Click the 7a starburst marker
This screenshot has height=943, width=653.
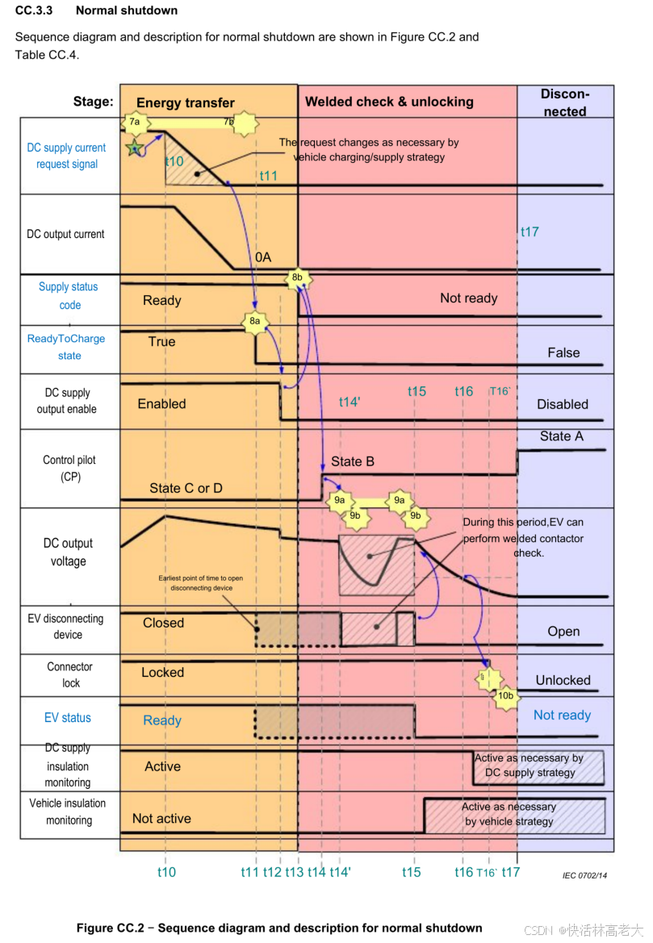pyautogui.click(x=135, y=122)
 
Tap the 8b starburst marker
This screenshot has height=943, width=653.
pyautogui.click(x=297, y=278)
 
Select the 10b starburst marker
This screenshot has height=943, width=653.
pyautogui.click(x=505, y=695)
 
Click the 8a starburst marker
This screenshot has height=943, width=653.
pyautogui.click(x=255, y=321)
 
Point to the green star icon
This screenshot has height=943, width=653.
pyautogui.click(x=135, y=148)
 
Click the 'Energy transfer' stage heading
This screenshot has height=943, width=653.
pyautogui.click(x=186, y=102)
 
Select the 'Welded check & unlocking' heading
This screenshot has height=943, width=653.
pyautogui.click(x=389, y=102)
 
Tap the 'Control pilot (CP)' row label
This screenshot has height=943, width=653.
pyautogui.click(x=69, y=469)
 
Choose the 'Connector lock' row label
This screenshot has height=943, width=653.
pyautogui.click(x=70, y=674)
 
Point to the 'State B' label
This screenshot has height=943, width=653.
pyautogui.click(x=353, y=461)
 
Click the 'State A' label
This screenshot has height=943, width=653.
pyautogui.click(x=561, y=436)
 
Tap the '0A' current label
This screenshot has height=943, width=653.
pyautogui.click(x=263, y=257)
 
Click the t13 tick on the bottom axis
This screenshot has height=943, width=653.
pyautogui.click(x=294, y=872)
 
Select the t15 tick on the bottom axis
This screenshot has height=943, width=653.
pyautogui.click(x=412, y=872)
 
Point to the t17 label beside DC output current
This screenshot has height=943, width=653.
pyautogui.click(x=530, y=232)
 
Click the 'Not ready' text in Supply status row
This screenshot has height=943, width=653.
pyautogui.click(x=468, y=298)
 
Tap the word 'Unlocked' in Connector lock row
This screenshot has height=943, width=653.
pyautogui.click(x=563, y=680)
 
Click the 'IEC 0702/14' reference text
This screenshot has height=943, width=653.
pyautogui.click(x=585, y=874)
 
